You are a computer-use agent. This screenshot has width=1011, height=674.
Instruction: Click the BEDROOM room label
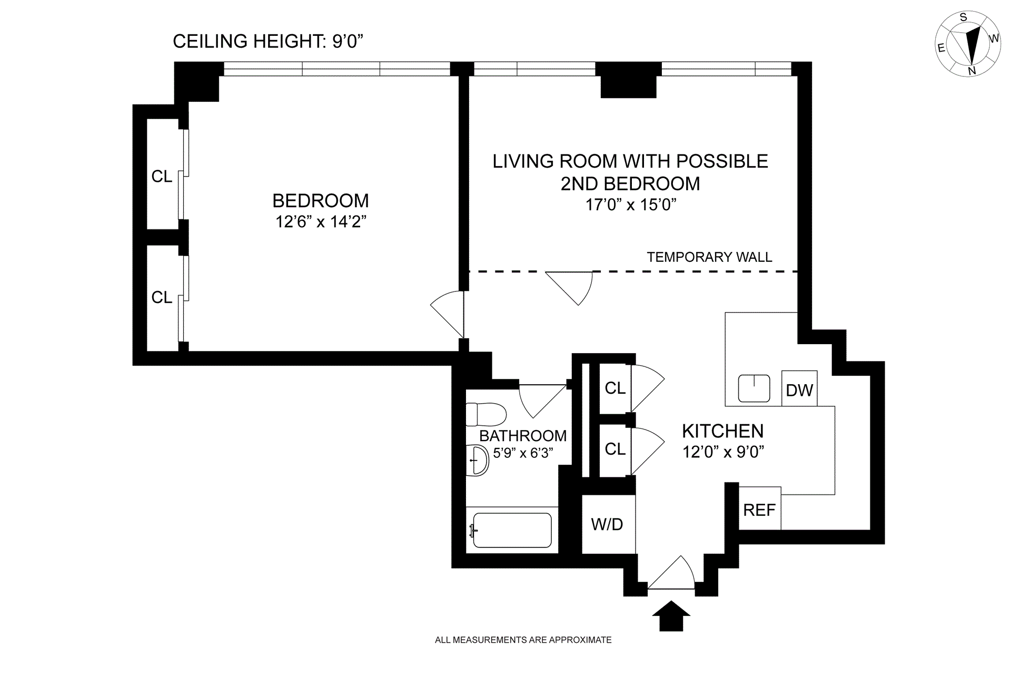click(x=321, y=200)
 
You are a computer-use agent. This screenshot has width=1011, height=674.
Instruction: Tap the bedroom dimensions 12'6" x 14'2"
click(x=321, y=222)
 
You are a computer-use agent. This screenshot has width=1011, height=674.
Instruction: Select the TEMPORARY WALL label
click(x=709, y=257)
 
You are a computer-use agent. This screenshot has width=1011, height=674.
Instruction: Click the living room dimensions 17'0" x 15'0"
click(x=631, y=204)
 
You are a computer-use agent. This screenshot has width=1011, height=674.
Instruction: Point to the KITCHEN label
click(x=723, y=431)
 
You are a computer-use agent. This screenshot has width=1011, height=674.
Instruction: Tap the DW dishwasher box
click(x=799, y=388)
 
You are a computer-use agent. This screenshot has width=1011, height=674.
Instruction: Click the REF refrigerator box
click(x=760, y=509)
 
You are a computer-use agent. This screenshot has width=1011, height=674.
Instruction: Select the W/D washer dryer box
click(x=608, y=524)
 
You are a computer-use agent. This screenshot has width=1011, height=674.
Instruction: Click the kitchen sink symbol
click(x=754, y=388)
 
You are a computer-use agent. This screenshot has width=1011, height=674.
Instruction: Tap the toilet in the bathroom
click(x=486, y=415)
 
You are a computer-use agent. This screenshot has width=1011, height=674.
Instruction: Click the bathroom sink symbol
click(x=478, y=461)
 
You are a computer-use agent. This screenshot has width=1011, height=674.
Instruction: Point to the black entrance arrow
click(x=671, y=616)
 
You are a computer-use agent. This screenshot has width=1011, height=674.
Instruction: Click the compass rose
click(x=968, y=44)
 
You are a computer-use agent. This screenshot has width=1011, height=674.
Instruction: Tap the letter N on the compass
click(x=972, y=71)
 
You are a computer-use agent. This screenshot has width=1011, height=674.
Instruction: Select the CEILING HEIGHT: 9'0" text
click(x=269, y=41)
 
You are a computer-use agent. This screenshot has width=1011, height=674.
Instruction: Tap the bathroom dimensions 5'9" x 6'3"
click(x=523, y=453)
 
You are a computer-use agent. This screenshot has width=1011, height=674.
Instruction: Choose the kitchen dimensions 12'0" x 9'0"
click(x=723, y=452)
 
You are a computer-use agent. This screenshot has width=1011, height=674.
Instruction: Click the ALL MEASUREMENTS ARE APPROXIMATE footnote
click(x=523, y=640)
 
